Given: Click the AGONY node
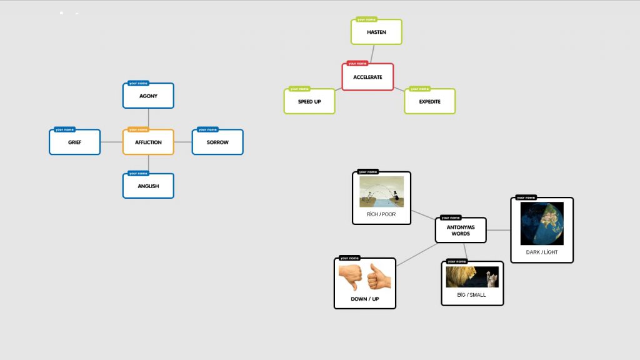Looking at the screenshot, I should click(148, 96).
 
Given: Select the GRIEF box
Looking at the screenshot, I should click(74, 142).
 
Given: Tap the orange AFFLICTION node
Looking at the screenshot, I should click(148, 142).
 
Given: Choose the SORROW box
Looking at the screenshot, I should click(217, 142).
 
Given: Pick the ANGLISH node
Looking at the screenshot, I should click(148, 186).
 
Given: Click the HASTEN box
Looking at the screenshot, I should click(376, 32).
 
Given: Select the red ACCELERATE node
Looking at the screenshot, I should click(367, 77).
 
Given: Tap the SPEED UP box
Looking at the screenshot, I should click(309, 101).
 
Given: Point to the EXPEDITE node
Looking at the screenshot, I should click(429, 101).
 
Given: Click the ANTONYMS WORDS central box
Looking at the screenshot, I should click(461, 230).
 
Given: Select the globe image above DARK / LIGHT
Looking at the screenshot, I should click(542, 223).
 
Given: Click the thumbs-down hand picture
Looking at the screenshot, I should click(351, 277).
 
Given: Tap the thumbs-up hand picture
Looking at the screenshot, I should click(379, 276).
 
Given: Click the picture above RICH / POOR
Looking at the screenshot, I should click(381, 192).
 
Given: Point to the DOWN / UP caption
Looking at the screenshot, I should click(364, 299).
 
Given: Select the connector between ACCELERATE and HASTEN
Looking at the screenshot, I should click(372, 54).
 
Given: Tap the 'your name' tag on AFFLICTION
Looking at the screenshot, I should click(138, 130).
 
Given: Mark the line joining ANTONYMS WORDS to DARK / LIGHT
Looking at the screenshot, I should click(498, 230).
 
